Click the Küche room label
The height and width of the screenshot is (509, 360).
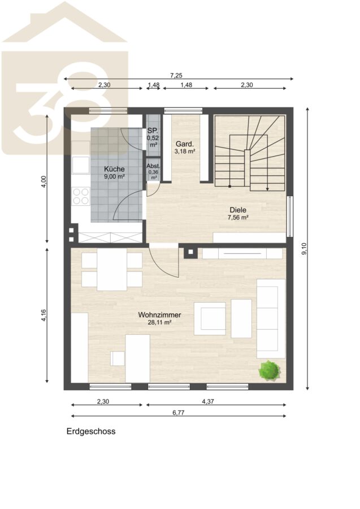(x=114, y=169)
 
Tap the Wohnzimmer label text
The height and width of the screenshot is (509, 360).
(x=159, y=314)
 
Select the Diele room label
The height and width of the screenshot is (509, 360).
(x=238, y=210)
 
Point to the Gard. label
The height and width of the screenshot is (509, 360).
(x=185, y=144)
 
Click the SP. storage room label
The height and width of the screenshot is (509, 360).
(x=153, y=131)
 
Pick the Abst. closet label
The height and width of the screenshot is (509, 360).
(x=153, y=166)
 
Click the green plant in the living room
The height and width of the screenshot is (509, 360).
(x=270, y=370)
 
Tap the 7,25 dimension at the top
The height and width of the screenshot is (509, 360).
(x=176, y=76)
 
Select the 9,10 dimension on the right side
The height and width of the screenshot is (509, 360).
(x=304, y=249)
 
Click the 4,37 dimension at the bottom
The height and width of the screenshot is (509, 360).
(x=208, y=402)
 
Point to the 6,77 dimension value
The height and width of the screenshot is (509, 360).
(x=179, y=413)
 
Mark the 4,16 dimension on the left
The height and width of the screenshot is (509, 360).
(x=44, y=316)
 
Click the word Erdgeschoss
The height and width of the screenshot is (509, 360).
(x=91, y=432)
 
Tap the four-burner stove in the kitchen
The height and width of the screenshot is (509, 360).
(x=81, y=196)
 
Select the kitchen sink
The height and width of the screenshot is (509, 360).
(x=81, y=165)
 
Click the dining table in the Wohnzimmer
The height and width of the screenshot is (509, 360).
(x=112, y=270)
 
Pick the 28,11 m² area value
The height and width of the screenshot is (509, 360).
(x=159, y=322)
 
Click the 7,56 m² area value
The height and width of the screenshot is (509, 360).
(x=238, y=218)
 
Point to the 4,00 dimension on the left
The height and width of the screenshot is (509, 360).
(x=44, y=182)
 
